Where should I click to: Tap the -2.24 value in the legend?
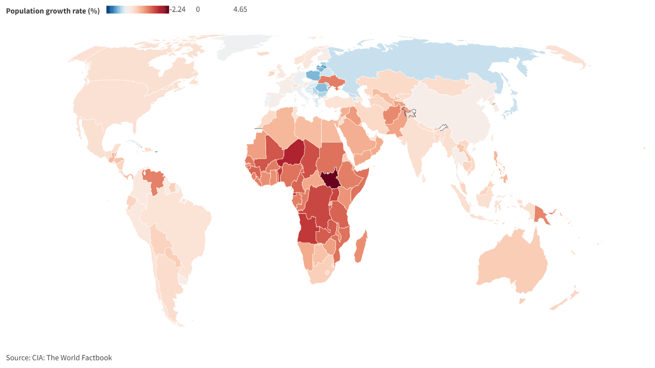coord(178,9)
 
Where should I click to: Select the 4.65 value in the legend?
coord(240,9)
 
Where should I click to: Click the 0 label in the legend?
coord(198,9)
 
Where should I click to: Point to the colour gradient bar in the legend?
coord(138,9)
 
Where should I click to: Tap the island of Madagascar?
coord(360,247)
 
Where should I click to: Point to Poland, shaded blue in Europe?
coord(313,75)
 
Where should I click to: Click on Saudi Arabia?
coord(358,139)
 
